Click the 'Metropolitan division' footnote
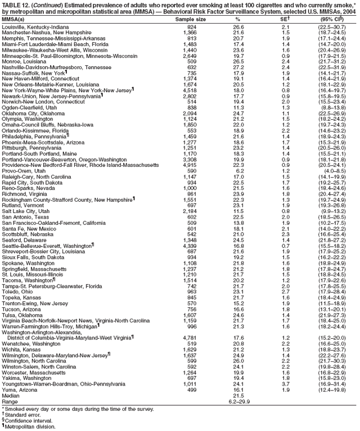click(28, 426)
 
